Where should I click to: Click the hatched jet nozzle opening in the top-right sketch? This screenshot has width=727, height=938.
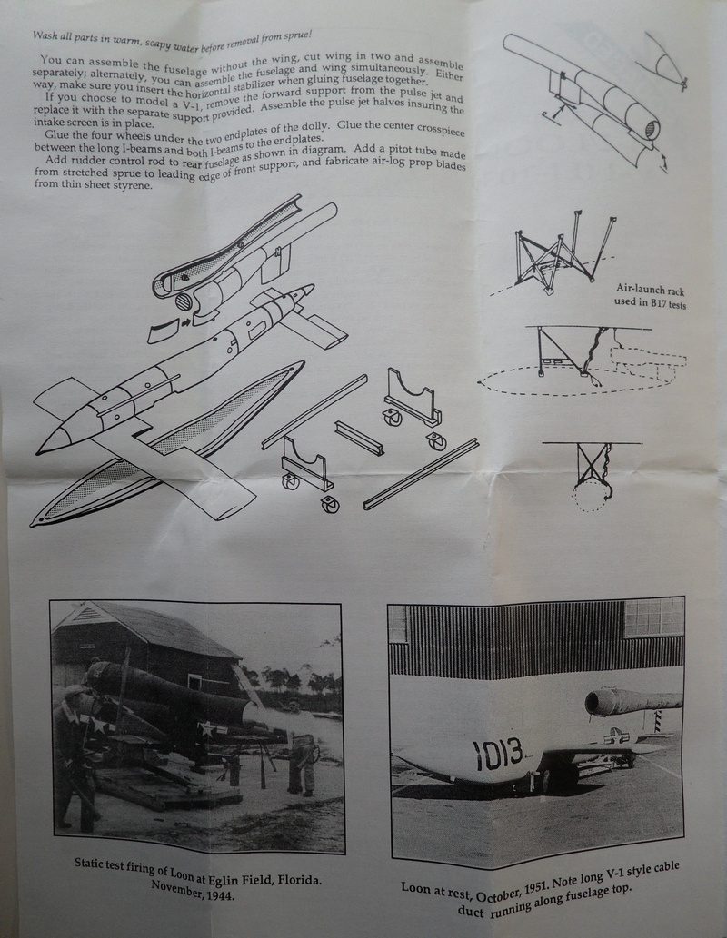click(x=649, y=130)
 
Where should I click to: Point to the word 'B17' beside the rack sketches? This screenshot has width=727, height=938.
click(x=646, y=306)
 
